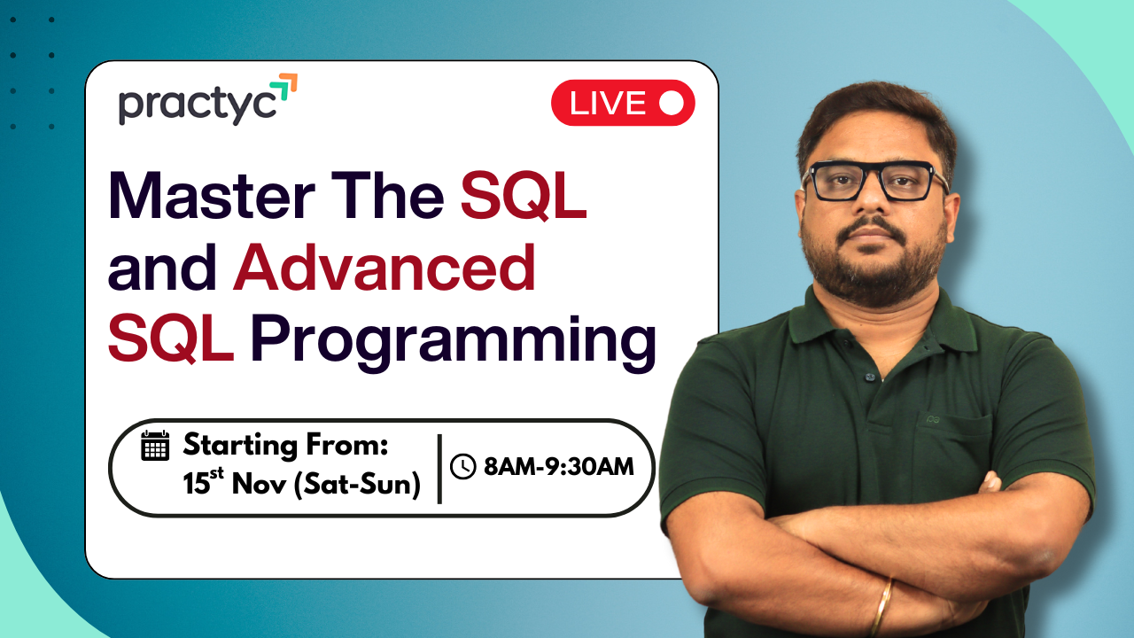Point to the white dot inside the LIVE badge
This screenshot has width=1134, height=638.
672,104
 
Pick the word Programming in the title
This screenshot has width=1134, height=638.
453,342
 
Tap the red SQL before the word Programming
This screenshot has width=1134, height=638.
170,340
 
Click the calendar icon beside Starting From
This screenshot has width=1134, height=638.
155,445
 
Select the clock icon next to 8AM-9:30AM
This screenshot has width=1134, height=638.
463,466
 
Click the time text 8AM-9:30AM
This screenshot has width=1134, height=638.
558,466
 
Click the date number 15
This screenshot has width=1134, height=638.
194,485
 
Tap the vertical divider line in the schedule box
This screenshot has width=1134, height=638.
439,468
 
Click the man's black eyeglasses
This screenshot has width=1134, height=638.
874,181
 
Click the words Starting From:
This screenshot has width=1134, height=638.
285,445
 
